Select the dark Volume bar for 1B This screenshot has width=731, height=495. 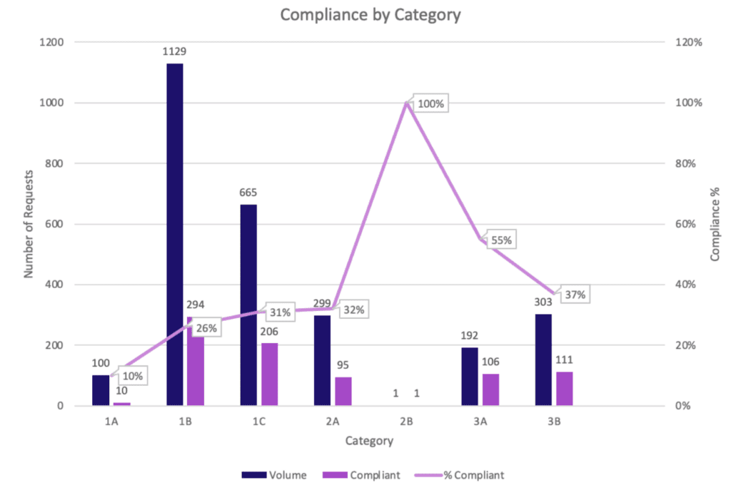click(174, 235)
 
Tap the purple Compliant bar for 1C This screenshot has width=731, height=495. click(269, 374)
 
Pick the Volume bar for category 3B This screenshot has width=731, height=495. click(543, 359)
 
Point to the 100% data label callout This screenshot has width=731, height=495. click(430, 104)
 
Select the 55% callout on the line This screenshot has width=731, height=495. click(500, 240)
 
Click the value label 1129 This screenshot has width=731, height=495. click(174, 52)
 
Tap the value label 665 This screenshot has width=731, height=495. click(248, 193)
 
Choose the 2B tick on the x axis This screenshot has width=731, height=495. click(406, 422)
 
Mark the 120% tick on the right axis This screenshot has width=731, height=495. click(689, 42)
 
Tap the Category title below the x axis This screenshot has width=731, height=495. click(368, 441)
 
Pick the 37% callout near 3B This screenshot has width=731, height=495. click(575, 295)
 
